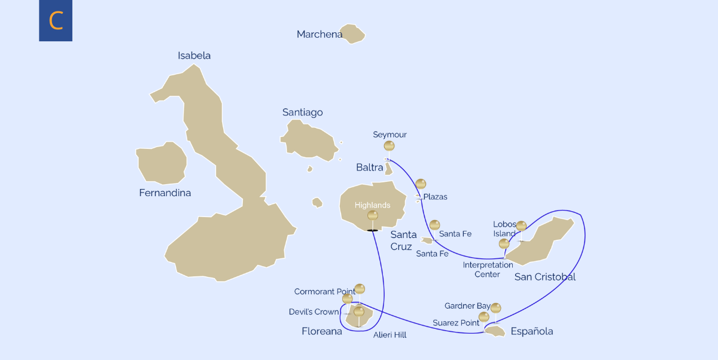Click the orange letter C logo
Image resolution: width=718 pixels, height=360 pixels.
56,21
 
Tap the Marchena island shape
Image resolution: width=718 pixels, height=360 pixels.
352,33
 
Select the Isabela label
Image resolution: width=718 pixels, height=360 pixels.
194,56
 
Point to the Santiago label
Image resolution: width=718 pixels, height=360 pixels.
302,112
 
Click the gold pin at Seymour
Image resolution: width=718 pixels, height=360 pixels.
389,146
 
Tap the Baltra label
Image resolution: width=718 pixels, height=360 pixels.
369,167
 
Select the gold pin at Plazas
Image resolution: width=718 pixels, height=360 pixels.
421,184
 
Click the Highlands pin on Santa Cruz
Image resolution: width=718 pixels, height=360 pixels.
372,215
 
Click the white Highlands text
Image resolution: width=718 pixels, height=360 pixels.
372,205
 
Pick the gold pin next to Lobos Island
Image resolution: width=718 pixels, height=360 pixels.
521,226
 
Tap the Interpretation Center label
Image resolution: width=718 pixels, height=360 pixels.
488,270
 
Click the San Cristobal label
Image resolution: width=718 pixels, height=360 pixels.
544,277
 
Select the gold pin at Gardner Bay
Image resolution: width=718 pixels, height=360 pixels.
495,308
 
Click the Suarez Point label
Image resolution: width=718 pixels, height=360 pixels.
456,323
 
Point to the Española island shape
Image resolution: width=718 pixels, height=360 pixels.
495,331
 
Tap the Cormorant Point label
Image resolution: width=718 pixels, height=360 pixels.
324,292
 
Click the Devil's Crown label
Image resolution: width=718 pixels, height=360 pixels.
314,312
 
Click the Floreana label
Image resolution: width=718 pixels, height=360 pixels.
322,331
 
